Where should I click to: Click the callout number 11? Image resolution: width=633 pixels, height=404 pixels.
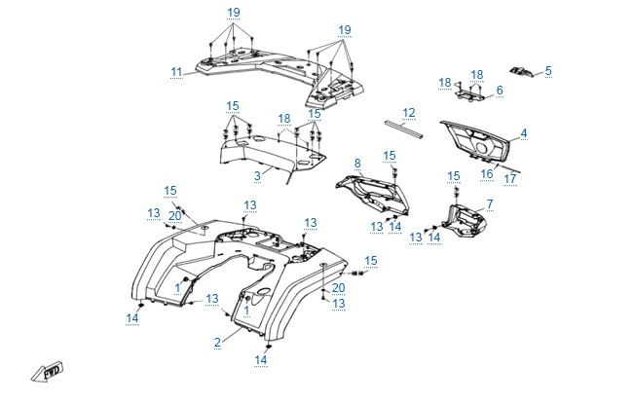pos(176,71)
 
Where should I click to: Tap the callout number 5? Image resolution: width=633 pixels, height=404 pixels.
pos(548,70)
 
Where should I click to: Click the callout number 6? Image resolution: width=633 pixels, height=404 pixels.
pos(500,91)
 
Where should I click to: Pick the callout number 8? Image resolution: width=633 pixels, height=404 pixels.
pos(357,163)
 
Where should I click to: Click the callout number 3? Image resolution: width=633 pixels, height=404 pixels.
pos(257,175)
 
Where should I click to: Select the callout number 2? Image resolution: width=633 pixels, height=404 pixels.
pos(217,342)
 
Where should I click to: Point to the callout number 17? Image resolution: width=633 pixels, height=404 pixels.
pos(509,178)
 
